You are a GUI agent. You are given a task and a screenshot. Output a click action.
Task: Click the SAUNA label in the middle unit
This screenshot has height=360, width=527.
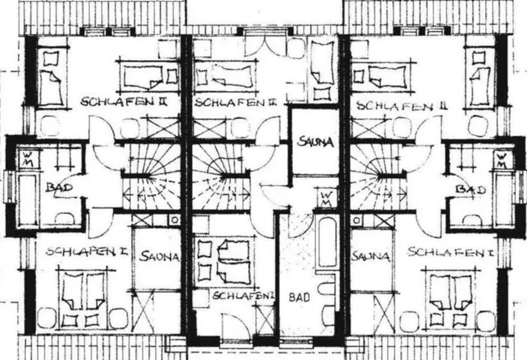[316, 142]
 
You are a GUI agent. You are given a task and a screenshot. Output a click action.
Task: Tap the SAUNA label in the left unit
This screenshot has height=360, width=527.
[159, 256]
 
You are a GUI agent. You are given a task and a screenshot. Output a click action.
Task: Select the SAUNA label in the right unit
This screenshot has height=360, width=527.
[371, 256]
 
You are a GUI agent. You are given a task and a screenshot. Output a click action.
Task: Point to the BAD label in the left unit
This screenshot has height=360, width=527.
[59, 187]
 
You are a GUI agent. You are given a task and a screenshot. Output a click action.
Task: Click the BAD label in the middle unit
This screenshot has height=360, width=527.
[299, 297]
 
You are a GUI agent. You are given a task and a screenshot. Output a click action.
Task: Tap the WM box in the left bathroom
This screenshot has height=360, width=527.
[28, 159]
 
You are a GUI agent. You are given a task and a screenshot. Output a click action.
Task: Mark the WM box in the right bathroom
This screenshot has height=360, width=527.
[502, 160]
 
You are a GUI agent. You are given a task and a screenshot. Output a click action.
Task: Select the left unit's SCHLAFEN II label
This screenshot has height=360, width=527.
[124, 101]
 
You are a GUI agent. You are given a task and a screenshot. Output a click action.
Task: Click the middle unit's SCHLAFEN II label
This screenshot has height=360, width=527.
[235, 102]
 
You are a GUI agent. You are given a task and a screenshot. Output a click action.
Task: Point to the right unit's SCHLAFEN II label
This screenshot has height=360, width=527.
[402, 106]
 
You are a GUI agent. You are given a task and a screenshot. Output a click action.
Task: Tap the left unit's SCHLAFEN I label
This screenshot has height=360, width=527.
[87, 251]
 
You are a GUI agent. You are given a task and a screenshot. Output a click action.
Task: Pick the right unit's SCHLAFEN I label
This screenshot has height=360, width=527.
[451, 251]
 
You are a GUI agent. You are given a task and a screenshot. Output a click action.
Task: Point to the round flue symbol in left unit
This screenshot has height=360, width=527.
[174, 220]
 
